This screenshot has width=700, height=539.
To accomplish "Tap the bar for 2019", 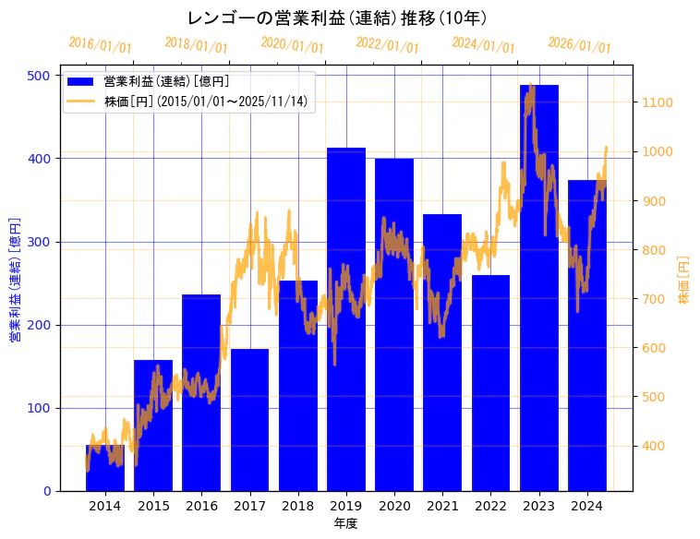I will [346, 319].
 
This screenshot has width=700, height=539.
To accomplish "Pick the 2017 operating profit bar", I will [249, 420].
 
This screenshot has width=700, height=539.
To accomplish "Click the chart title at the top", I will [337, 18].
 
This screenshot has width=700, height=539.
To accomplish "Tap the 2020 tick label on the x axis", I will [394, 506].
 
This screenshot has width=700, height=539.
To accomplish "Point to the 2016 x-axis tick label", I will [201, 506].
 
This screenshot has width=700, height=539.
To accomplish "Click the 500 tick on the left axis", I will [43, 76].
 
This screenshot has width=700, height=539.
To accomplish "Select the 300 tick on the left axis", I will [43, 242].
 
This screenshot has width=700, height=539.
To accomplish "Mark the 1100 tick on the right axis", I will [658, 102].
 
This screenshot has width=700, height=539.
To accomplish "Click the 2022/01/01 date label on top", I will [387, 45].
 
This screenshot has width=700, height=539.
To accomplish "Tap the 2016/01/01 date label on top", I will [101, 45].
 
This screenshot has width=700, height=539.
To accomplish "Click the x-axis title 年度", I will [345, 523].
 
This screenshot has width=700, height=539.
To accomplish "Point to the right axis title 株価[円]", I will [684, 281].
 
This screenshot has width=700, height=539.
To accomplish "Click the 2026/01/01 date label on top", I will [579, 45].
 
